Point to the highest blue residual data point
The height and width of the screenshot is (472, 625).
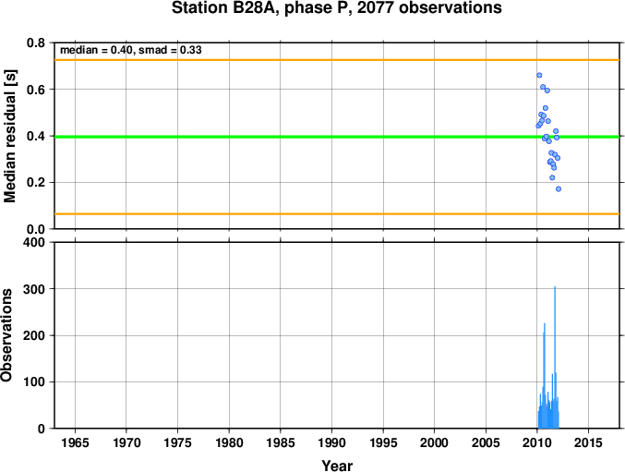click(539, 76)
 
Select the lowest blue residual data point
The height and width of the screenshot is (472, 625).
click(559, 189)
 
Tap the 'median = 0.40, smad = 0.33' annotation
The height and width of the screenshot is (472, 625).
click(131, 50)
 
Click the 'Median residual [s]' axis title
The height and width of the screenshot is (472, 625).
click(9, 136)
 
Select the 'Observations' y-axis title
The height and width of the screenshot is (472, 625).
click(6, 335)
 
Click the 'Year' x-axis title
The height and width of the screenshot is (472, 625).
click(337, 466)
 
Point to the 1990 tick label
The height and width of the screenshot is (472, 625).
click(331, 442)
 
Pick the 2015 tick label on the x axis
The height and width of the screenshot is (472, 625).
click(588, 442)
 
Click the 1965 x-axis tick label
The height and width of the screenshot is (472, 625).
click(75, 442)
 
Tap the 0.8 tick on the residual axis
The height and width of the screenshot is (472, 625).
click(36, 42)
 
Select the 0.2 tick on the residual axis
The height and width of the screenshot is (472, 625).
click(36, 183)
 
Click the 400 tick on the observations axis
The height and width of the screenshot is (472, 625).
click(34, 242)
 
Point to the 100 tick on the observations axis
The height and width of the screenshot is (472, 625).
click(34, 381)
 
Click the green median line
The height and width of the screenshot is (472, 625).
click(337, 137)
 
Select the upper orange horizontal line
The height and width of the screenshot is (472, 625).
click(337, 60)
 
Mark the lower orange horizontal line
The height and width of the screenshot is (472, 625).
click(337, 214)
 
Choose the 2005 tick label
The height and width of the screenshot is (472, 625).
click(486, 442)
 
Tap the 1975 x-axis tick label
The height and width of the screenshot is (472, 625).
click(178, 442)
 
